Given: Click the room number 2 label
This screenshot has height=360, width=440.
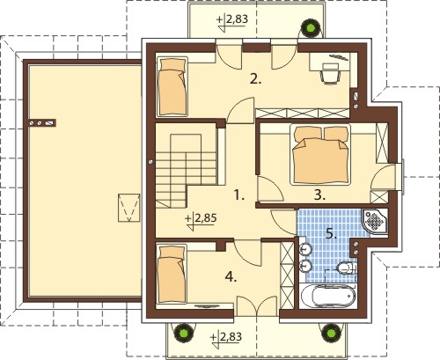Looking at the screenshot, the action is pyautogui.click(x=255, y=79).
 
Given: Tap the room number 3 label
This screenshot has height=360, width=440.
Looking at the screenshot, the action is pyautogui.click(x=319, y=195).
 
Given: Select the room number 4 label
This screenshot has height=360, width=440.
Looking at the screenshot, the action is pyautogui.click(x=231, y=276).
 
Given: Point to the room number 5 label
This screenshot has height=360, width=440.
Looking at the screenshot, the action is pyautogui.click(x=331, y=234).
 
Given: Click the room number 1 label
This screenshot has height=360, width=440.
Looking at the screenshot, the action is pyautogui.click(x=239, y=195).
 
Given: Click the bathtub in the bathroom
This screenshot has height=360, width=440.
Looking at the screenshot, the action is pyautogui.click(x=328, y=295).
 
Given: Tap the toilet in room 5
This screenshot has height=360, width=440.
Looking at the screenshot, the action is pyautogui.click(x=346, y=267).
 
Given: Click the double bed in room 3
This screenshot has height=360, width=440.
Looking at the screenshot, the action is pyautogui.click(x=320, y=155).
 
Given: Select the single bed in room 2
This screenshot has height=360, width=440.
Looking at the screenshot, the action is pyautogui.click(x=172, y=86).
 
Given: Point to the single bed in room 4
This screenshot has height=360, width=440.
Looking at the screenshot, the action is pyautogui.click(x=172, y=275).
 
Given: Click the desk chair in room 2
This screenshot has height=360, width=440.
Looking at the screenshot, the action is pyautogui.click(x=330, y=73).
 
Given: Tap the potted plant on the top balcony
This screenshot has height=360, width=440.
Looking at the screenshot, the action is pyautogui.click(x=311, y=27).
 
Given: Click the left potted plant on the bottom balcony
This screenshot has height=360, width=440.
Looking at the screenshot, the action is pyautogui.click(x=183, y=332).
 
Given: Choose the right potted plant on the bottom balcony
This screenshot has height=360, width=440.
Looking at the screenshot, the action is pyautogui.click(x=331, y=332).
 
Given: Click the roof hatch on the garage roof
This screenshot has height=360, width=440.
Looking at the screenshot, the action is pyautogui.click(x=128, y=208).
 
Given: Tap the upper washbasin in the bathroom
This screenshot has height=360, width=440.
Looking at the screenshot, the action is pyautogui.click(x=306, y=250).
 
